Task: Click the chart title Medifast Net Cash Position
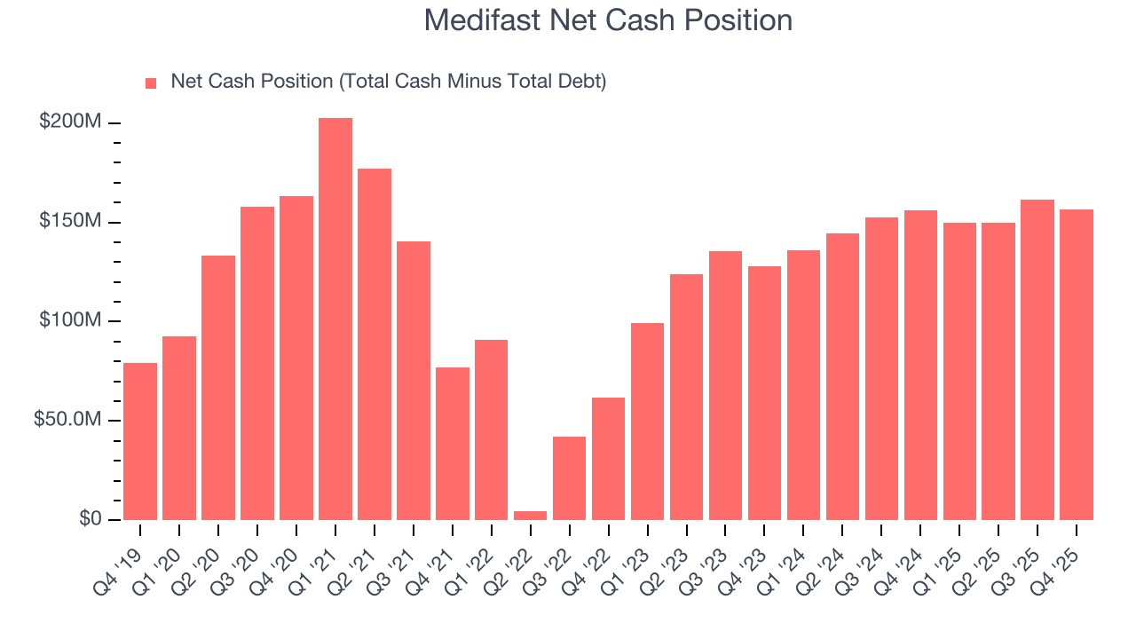tap(608, 20)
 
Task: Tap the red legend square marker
tap(151, 83)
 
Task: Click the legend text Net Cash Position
tap(388, 82)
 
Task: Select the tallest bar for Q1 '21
tap(335, 319)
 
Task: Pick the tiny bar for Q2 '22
tap(531, 515)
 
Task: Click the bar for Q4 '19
tap(140, 441)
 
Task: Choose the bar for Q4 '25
tap(1077, 364)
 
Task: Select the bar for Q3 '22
tap(570, 477)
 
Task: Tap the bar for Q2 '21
tap(375, 343)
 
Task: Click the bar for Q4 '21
tap(453, 443)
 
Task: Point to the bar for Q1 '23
tap(648, 421)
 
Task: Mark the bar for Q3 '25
tap(1037, 359)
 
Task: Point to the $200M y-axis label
tap(70, 122)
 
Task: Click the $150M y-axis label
tap(70, 221)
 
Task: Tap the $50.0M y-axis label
tap(67, 420)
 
